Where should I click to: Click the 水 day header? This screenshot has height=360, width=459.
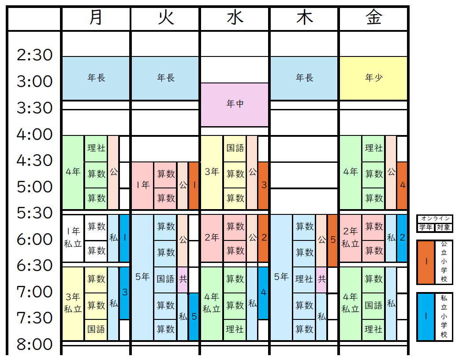tap(235, 18)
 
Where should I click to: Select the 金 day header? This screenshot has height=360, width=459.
tap(373, 18)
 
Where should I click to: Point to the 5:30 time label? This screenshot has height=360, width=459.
tap(34, 213)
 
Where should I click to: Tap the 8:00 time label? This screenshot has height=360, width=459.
tap(34, 344)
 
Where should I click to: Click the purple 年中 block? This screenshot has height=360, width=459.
tap(235, 104)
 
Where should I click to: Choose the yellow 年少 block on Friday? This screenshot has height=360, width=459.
tap(373, 78)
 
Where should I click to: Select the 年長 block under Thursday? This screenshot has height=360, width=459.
tap(304, 78)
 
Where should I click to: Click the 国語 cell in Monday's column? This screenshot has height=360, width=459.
tap(96, 329)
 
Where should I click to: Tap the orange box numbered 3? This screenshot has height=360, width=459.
tap(264, 185)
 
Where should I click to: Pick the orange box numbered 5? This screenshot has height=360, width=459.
tap(332, 240)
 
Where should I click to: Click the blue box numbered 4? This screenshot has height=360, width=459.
tap(264, 292)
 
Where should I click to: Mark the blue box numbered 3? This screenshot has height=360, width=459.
tap(125, 292)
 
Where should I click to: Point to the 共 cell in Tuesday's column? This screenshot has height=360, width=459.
tap(183, 279)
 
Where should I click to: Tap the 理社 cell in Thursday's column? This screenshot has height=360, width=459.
tap(304, 279)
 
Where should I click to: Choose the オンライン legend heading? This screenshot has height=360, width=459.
tap(435, 218)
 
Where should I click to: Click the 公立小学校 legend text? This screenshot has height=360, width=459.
tap(444, 261)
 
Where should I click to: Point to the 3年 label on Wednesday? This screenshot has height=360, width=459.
tap(212, 172)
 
